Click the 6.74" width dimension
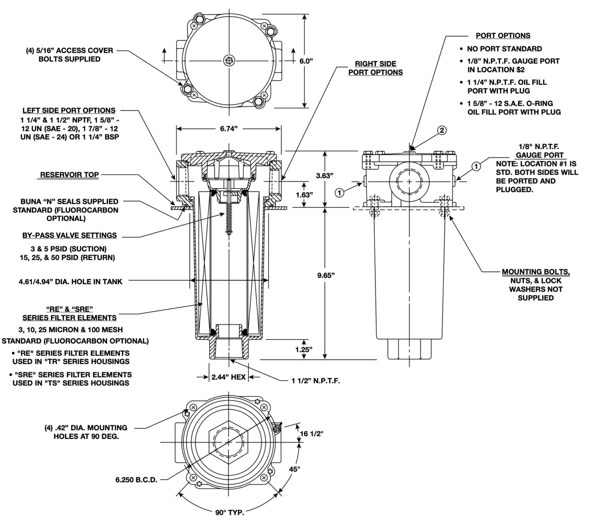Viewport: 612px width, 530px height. [x=229, y=128]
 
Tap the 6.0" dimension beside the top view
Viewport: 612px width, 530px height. [x=306, y=61]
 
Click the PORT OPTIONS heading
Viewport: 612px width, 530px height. [x=503, y=35]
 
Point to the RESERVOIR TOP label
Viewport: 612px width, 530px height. [x=69, y=175]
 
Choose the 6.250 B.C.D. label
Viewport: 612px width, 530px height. [x=136, y=480]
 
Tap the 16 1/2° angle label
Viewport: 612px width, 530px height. [x=311, y=434]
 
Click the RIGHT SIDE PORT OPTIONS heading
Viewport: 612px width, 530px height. [x=375, y=68]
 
